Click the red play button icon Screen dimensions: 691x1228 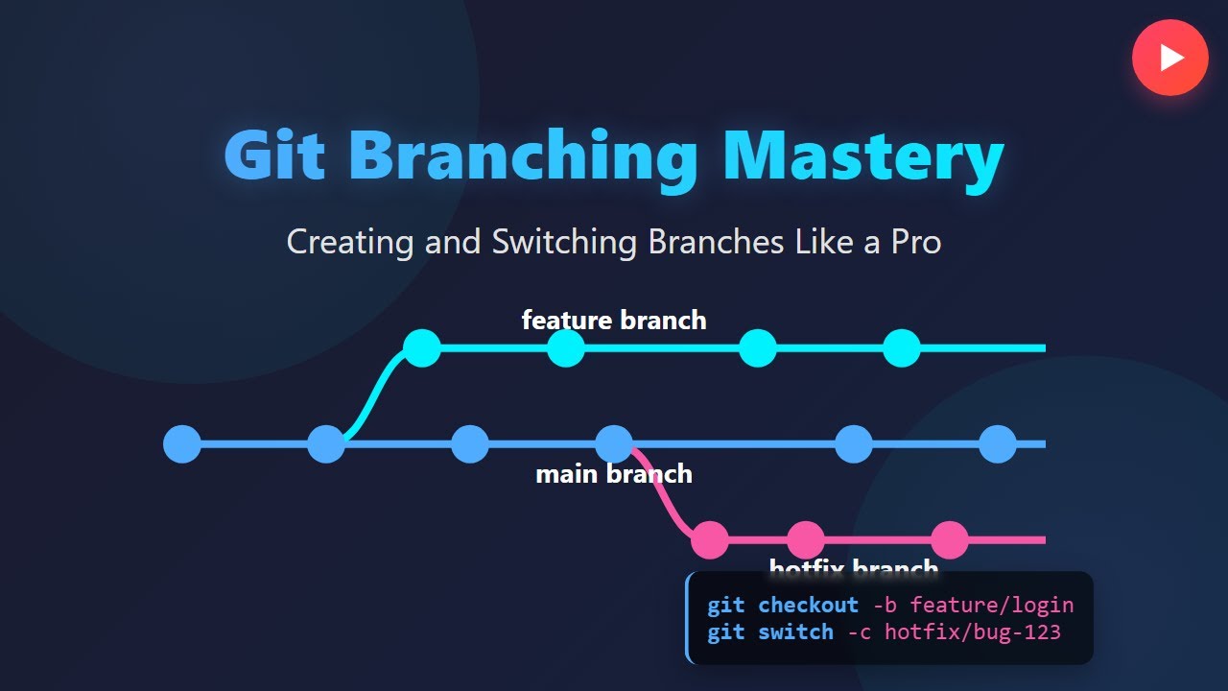(1169, 58)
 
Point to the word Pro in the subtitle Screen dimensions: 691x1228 (915, 241)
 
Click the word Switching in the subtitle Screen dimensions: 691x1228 (564, 241)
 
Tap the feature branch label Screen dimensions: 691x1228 (614, 320)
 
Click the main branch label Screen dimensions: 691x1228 (614, 474)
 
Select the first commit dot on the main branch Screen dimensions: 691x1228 (182, 444)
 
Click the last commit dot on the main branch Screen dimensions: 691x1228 (998, 444)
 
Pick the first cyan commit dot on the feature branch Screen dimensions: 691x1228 (422, 348)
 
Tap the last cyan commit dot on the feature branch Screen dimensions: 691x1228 (902, 348)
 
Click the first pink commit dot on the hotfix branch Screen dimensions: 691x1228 (710, 540)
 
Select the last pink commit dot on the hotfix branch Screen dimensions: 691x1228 (950, 540)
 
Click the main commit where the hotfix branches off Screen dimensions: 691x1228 (614, 444)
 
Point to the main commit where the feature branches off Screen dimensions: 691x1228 (326, 444)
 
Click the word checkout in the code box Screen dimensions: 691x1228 (808, 606)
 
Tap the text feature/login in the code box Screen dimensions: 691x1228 (991, 606)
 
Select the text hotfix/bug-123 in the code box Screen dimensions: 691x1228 (972, 632)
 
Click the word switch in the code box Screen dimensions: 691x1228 (795, 632)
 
